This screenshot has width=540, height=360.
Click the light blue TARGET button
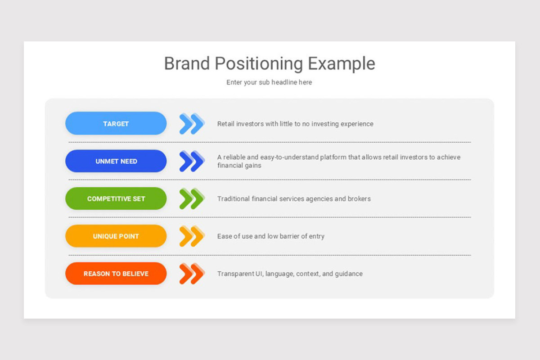pyautogui.click(x=116, y=124)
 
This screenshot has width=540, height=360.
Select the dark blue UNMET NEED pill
pyautogui.click(x=116, y=161)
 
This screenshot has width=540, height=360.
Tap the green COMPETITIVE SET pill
pyautogui.click(x=116, y=198)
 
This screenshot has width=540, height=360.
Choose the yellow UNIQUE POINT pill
pyautogui.click(x=116, y=236)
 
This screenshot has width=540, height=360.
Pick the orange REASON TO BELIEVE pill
pyautogui.click(x=116, y=274)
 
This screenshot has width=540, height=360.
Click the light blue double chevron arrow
pyautogui.click(x=192, y=124)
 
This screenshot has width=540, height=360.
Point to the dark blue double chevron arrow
pyautogui.click(x=192, y=161)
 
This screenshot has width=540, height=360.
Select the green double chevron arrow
pyautogui.click(x=192, y=198)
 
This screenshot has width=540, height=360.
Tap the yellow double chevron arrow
pyautogui.click(x=192, y=236)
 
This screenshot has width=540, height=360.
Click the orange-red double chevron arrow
pyautogui.click(x=192, y=274)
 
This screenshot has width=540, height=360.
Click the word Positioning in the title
pyautogui.click(x=259, y=64)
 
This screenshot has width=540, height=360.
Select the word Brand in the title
pyautogui.click(x=186, y=63)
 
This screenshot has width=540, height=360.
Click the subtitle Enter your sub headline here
pyautogui.click(x=269, y=82)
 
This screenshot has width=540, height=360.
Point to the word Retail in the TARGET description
pyautogui.click(x=226, y=124)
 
